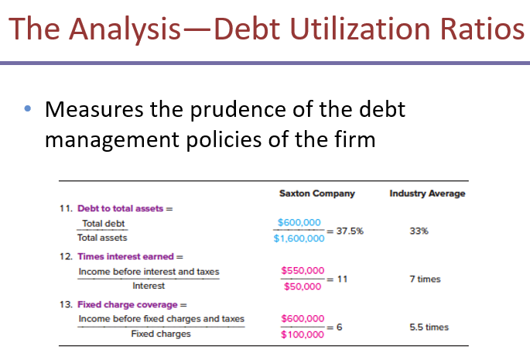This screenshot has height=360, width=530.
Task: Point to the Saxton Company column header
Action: pyautogui.click(x=316, y=193)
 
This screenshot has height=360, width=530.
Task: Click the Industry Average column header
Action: pyautogui.click(x=427, y=193)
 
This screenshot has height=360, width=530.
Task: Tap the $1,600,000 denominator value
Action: pyautogui.click(x=300, y=238)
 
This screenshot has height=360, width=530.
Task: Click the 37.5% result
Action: pyautogui.click(x=350, y=231)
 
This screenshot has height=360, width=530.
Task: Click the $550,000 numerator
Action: pyautogui.click(x=303, y=270)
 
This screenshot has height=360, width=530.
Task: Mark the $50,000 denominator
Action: pyautogui.click(x=302, y=286)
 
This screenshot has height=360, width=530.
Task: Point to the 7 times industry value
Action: pyautogui.click(x=424, y=279)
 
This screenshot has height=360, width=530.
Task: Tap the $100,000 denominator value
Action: pyautogui.click(x=302, y=334)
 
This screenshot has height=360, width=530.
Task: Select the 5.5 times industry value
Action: pyautogui.click(x=428, y=327)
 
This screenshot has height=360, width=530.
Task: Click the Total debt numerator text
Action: pyautogui.click(x=104, y=224)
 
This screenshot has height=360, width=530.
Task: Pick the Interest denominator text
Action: pyautogui.click(x=149, y=286)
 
